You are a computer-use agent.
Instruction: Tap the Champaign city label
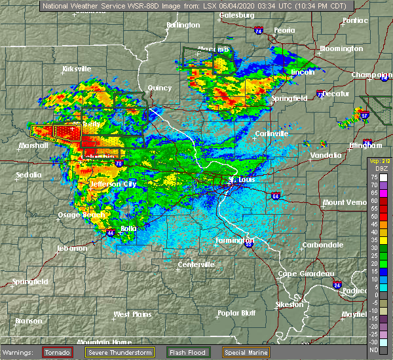point(369,75)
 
